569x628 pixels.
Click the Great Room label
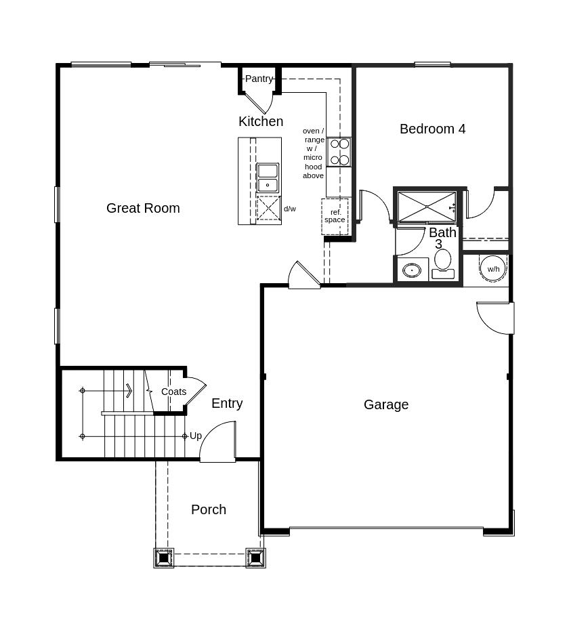[x=143, y=208]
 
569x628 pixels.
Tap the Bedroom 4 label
[x=432, y=129]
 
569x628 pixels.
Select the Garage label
[x=386, y=404]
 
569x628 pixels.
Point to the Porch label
[x=209, y=509]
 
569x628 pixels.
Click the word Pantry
[x=259, y=79]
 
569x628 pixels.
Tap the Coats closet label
[x=174, y=392]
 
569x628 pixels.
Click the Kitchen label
[x=261, y=121]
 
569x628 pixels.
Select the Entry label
[x=227, y=403]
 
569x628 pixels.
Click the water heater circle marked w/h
[x=493, y=269]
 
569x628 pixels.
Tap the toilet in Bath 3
[x=443, y=264]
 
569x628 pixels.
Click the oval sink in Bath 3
[x=412, y=270]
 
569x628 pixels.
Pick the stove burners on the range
[x=339, y=152]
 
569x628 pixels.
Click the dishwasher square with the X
[x=268, y=208]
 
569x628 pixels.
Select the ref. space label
[x=335, y=216]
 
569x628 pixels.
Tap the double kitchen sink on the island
[x=268, y=177]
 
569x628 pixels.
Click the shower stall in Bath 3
[x=427, y=207]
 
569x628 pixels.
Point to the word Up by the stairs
[x=196, y=436]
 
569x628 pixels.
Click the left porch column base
[x=164, y=558]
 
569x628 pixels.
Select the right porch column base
[x=256, y=558]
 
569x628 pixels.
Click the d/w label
[x=290, y=209]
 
